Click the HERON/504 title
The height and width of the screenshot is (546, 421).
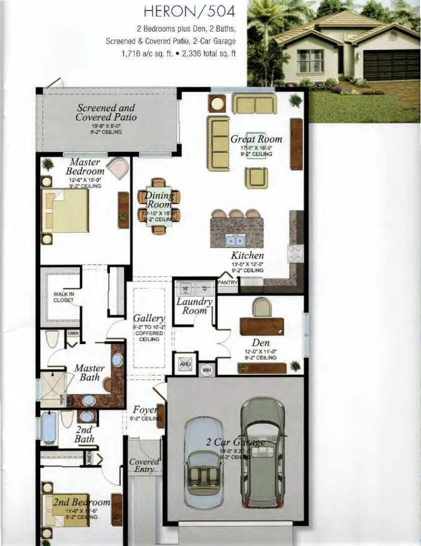click(188, 11)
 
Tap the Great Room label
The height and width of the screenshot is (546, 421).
click(256, 139)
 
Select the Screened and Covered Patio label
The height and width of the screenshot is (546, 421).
click(106, 112)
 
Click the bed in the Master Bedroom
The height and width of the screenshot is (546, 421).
click(65, 210)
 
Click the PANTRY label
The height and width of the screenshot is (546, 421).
click(227, 282)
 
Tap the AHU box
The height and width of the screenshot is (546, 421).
click(184, 363)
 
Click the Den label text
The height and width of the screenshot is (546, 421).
click(260, 343)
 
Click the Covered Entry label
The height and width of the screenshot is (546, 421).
click(144, 465)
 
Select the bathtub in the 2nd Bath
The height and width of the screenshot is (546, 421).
click(49, 428)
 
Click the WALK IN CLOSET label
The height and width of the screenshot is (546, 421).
click(63, 297)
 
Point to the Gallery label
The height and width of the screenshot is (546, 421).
click(149, 319)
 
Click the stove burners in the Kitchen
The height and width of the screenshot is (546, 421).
click(295, 254)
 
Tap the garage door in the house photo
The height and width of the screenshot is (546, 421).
click(391, 65)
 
